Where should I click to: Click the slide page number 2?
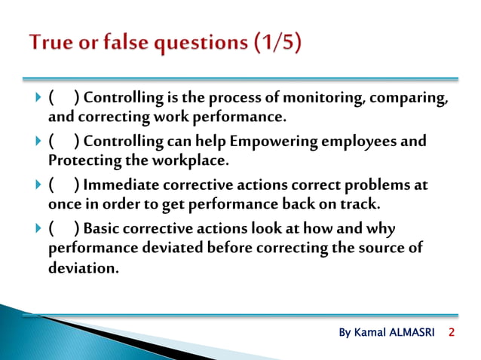click(x=452, y=332)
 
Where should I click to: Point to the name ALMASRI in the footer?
click(x=413, y=333)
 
